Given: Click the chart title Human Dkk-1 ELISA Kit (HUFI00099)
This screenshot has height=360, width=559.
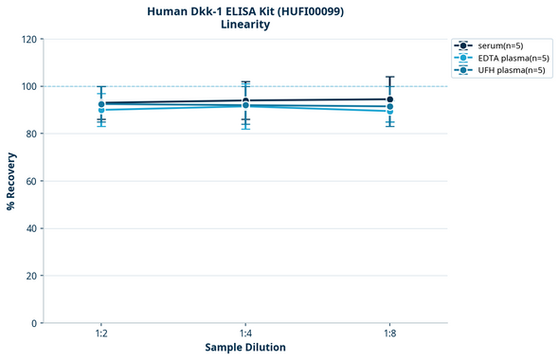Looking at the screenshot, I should click(x=245, y=10).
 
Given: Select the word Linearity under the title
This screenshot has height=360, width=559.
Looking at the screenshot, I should click(x=245, y=25).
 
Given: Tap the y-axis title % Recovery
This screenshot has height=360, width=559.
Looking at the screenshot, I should click(x=11, y=181).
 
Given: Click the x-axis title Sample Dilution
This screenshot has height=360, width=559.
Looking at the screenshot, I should click(x=245, y=347).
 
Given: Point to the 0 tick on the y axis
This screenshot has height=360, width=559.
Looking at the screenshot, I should click(x=34, y=323).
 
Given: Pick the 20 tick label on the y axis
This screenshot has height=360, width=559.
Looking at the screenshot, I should click(x=31, y=276).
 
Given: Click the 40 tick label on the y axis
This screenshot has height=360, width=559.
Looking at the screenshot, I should click(x=31, y=228).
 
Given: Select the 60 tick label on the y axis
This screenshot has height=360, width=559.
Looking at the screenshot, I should click(x=31, y=181).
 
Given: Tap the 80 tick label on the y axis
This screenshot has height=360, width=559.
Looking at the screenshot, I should click(x=31, y=134).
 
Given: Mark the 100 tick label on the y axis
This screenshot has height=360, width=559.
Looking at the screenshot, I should click(x=28, y=86).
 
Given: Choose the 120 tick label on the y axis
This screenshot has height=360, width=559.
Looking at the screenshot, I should click(x=28, y=39).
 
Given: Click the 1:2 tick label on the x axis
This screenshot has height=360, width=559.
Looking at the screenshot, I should click(x=101, y=333).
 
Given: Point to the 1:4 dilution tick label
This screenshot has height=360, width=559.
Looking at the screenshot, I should click(x=245, y=333).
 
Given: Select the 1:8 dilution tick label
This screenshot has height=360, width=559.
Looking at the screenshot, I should click(x=389, y=333).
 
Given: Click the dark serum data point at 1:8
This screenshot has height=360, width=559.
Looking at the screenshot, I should click(x=389, y=99).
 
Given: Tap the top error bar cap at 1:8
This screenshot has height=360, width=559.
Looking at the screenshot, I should click(x=389, y=77).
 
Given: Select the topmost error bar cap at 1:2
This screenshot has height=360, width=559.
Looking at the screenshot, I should click(x=101, y=86).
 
